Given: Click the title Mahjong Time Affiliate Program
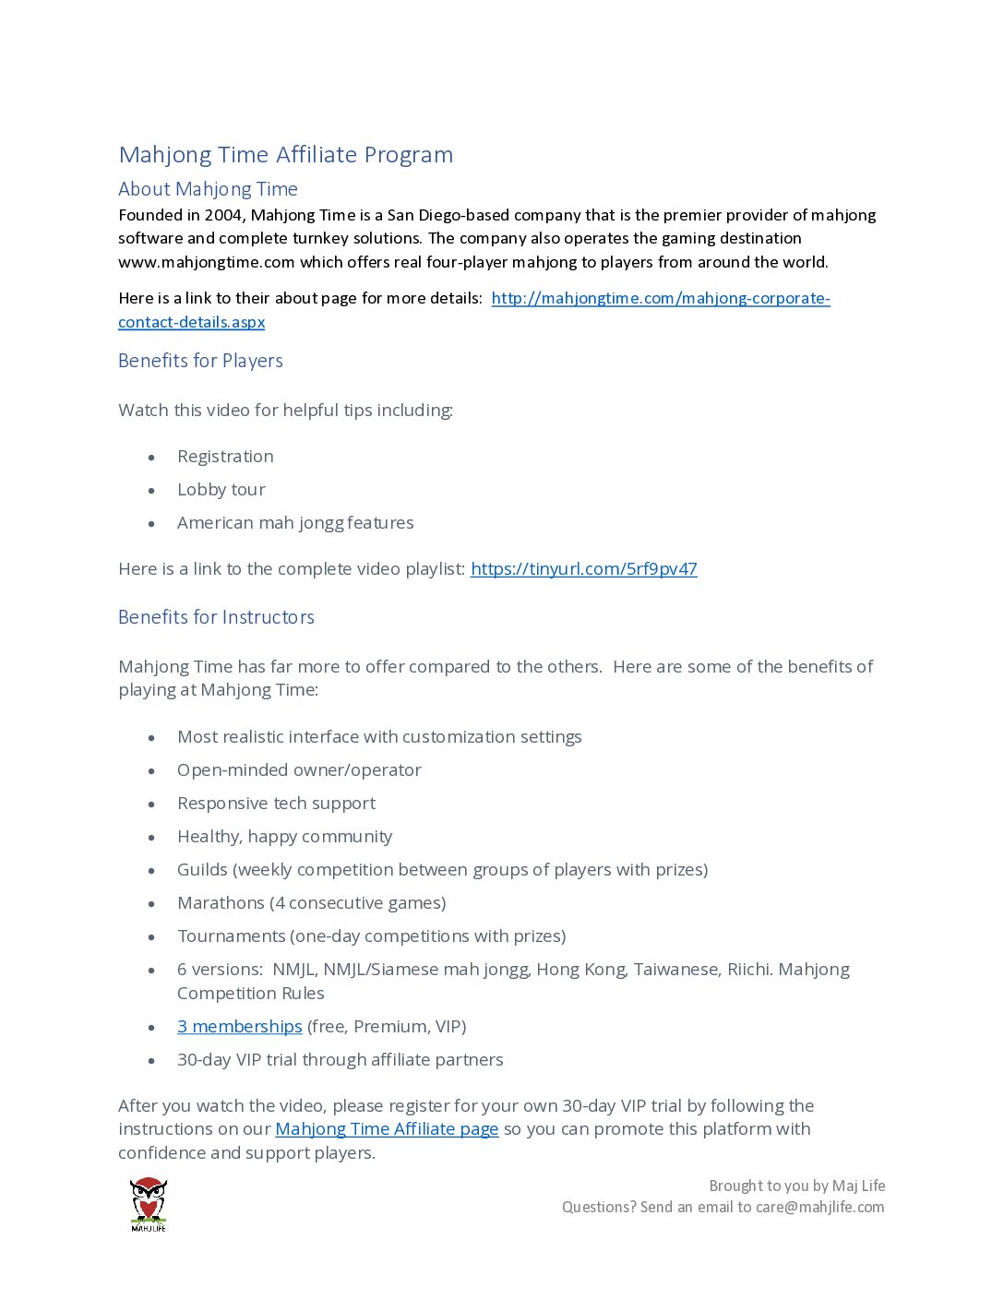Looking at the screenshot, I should point(286,155).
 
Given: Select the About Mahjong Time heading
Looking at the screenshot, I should point(208,189).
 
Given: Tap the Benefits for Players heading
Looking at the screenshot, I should point(200,361).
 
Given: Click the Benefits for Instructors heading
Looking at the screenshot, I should point(216,617).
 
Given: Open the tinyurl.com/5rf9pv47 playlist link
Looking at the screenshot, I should point(584,569).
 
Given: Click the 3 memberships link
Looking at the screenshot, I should point(240,1027).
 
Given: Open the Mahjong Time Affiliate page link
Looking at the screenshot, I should point(387,1129).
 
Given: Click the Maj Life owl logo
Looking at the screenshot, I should point(149,1203).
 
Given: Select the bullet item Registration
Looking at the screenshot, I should point(225,457).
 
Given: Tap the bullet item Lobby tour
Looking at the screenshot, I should point(221,490).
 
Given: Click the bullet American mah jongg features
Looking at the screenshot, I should point(295,523).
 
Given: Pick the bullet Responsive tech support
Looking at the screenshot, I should point(276,804).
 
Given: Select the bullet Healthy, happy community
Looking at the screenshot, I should point(284,837).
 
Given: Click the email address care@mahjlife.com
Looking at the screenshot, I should point(819,1207).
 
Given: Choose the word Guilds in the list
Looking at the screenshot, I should point(202,870).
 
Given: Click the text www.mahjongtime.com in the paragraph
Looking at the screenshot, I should point(207,262).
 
